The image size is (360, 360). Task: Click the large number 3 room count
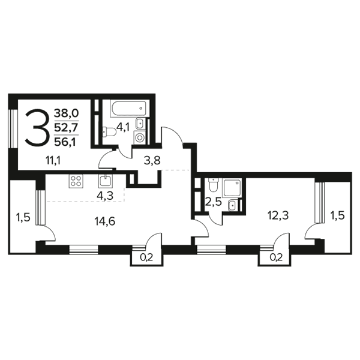37,127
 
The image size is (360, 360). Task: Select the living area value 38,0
67,113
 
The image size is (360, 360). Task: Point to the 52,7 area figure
67,127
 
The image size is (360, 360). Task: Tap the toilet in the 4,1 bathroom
109,132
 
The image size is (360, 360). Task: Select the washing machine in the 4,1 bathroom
139,137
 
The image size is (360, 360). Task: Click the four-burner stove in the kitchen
76,181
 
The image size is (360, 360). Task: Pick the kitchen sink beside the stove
106,181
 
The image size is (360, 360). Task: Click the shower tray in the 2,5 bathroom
232,187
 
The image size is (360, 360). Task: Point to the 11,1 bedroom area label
53,161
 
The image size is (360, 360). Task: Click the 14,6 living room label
104,221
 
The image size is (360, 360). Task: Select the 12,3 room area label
278,215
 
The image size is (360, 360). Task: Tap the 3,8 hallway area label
152,161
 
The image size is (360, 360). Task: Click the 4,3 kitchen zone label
105,196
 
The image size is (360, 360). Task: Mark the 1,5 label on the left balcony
23,217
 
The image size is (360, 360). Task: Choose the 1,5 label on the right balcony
337,215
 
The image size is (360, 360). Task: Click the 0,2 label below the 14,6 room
146,258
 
